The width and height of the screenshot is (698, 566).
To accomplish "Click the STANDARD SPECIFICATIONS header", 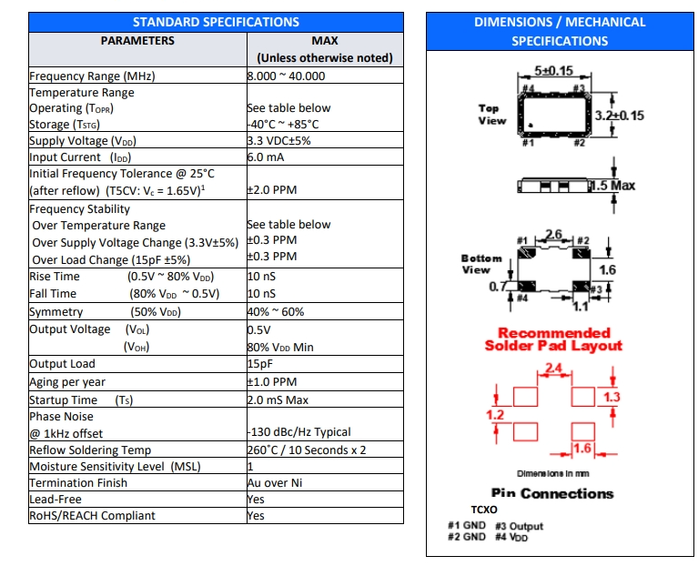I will click(216, 22).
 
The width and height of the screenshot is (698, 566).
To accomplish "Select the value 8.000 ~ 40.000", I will click(286, 76).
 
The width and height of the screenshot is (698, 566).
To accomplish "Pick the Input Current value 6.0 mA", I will click(268, 157).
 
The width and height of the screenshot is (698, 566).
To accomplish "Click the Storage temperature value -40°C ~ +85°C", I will click(283, 125).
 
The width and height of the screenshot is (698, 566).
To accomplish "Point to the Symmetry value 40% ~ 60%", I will click(276, 312).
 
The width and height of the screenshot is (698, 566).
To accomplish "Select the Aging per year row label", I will click(67, 382).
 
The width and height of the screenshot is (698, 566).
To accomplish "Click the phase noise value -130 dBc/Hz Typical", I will click(299, 432).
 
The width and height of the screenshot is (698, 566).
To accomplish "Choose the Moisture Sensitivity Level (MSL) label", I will click(115, 467).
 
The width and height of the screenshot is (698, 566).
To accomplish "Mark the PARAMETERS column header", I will click(137, 41).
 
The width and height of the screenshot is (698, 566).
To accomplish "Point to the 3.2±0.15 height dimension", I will click(619, 116).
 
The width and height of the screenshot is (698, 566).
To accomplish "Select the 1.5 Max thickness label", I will click(612, 186).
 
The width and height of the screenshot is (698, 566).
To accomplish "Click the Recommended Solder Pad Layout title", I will click(553, 339).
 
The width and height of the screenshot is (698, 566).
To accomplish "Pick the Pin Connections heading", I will click(552, 493).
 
